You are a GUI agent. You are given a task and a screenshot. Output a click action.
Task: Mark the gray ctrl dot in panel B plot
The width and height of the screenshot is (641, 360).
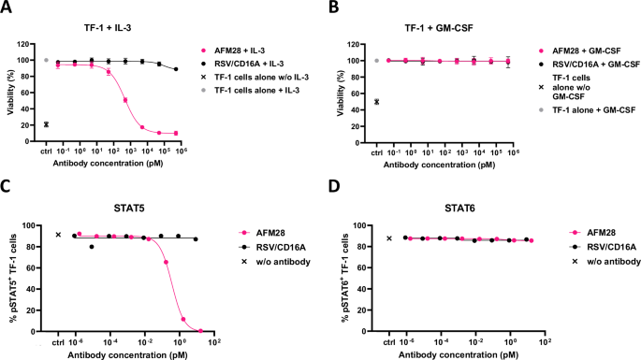pos(377,61)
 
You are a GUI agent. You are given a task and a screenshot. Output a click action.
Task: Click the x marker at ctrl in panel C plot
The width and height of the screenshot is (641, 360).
pos(58,236)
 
